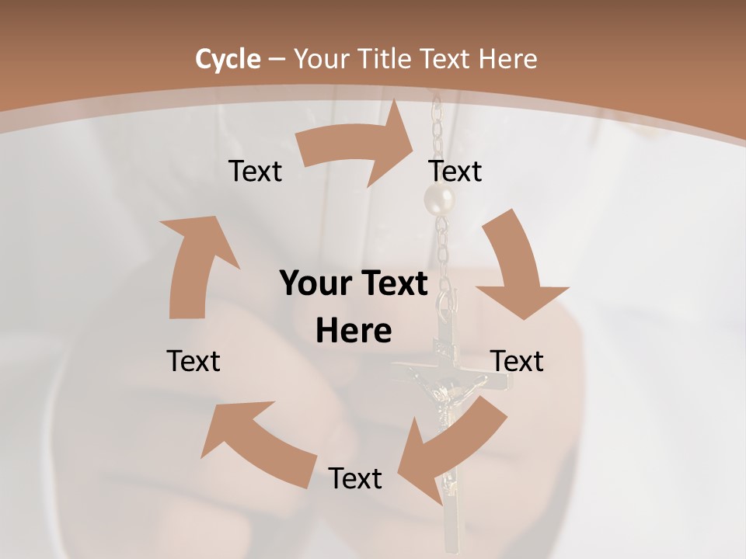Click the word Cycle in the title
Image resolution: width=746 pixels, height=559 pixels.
pos(228,59)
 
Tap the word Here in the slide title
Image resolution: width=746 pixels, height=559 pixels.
pos(508,59)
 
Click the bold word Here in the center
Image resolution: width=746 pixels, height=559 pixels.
pos(354,332)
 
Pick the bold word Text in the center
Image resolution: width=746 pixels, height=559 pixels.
pos(392,284)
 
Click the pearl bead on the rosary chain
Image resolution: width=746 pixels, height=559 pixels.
pos(438,200)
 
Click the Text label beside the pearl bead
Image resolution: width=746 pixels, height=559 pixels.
pos(455,172)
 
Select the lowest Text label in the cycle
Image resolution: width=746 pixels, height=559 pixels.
pos(355,479)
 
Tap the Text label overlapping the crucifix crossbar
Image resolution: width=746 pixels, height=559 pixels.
pos(517,361)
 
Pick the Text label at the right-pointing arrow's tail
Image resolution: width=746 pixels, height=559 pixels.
pos(255,172)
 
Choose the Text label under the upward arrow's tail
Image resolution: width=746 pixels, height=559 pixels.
pos(193,361)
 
